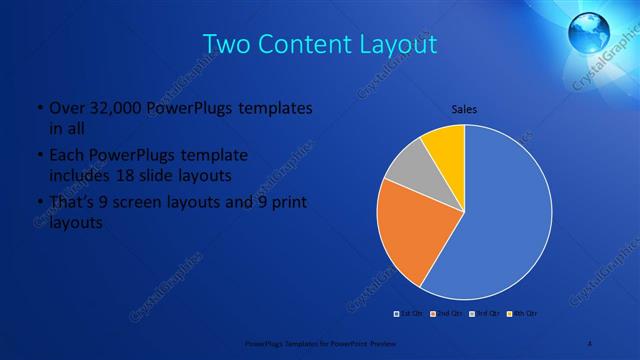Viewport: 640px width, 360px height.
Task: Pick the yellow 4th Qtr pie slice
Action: [x=446, y=145]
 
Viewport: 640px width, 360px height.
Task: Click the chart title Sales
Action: [x=464, y=108]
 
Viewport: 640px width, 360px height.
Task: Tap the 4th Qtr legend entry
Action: [x=522, y=314]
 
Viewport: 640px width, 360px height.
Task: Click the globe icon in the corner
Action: [x=590, y=31]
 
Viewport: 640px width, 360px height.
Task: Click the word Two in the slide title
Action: [x=227, y=45]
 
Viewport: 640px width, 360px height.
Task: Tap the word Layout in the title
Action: [x=397, y=45]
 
